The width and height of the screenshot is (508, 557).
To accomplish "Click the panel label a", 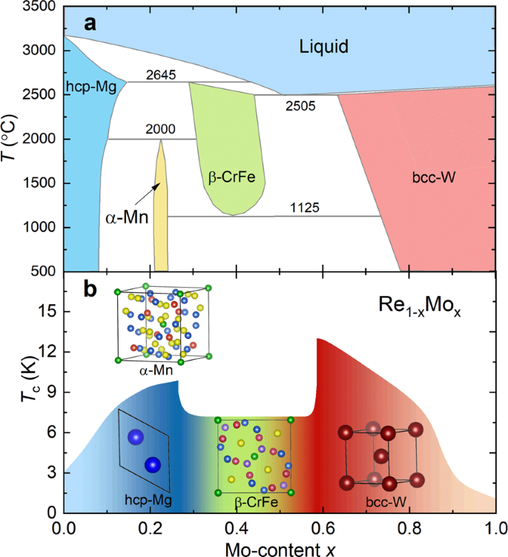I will pos(90,24).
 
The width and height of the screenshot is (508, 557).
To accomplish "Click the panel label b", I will pos(90,289).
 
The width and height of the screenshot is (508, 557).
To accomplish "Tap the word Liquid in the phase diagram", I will pos(324,48).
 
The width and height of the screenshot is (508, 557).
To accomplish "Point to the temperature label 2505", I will pos(302,106).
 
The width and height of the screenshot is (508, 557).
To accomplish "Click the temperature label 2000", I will pos(161,130).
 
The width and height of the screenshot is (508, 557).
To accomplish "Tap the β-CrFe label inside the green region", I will pos(228,179).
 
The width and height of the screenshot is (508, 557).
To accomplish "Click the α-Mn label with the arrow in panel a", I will pos(122,220).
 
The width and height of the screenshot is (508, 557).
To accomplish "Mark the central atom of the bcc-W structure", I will pos(381,455).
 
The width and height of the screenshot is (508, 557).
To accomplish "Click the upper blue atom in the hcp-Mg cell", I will pos(135,438).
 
